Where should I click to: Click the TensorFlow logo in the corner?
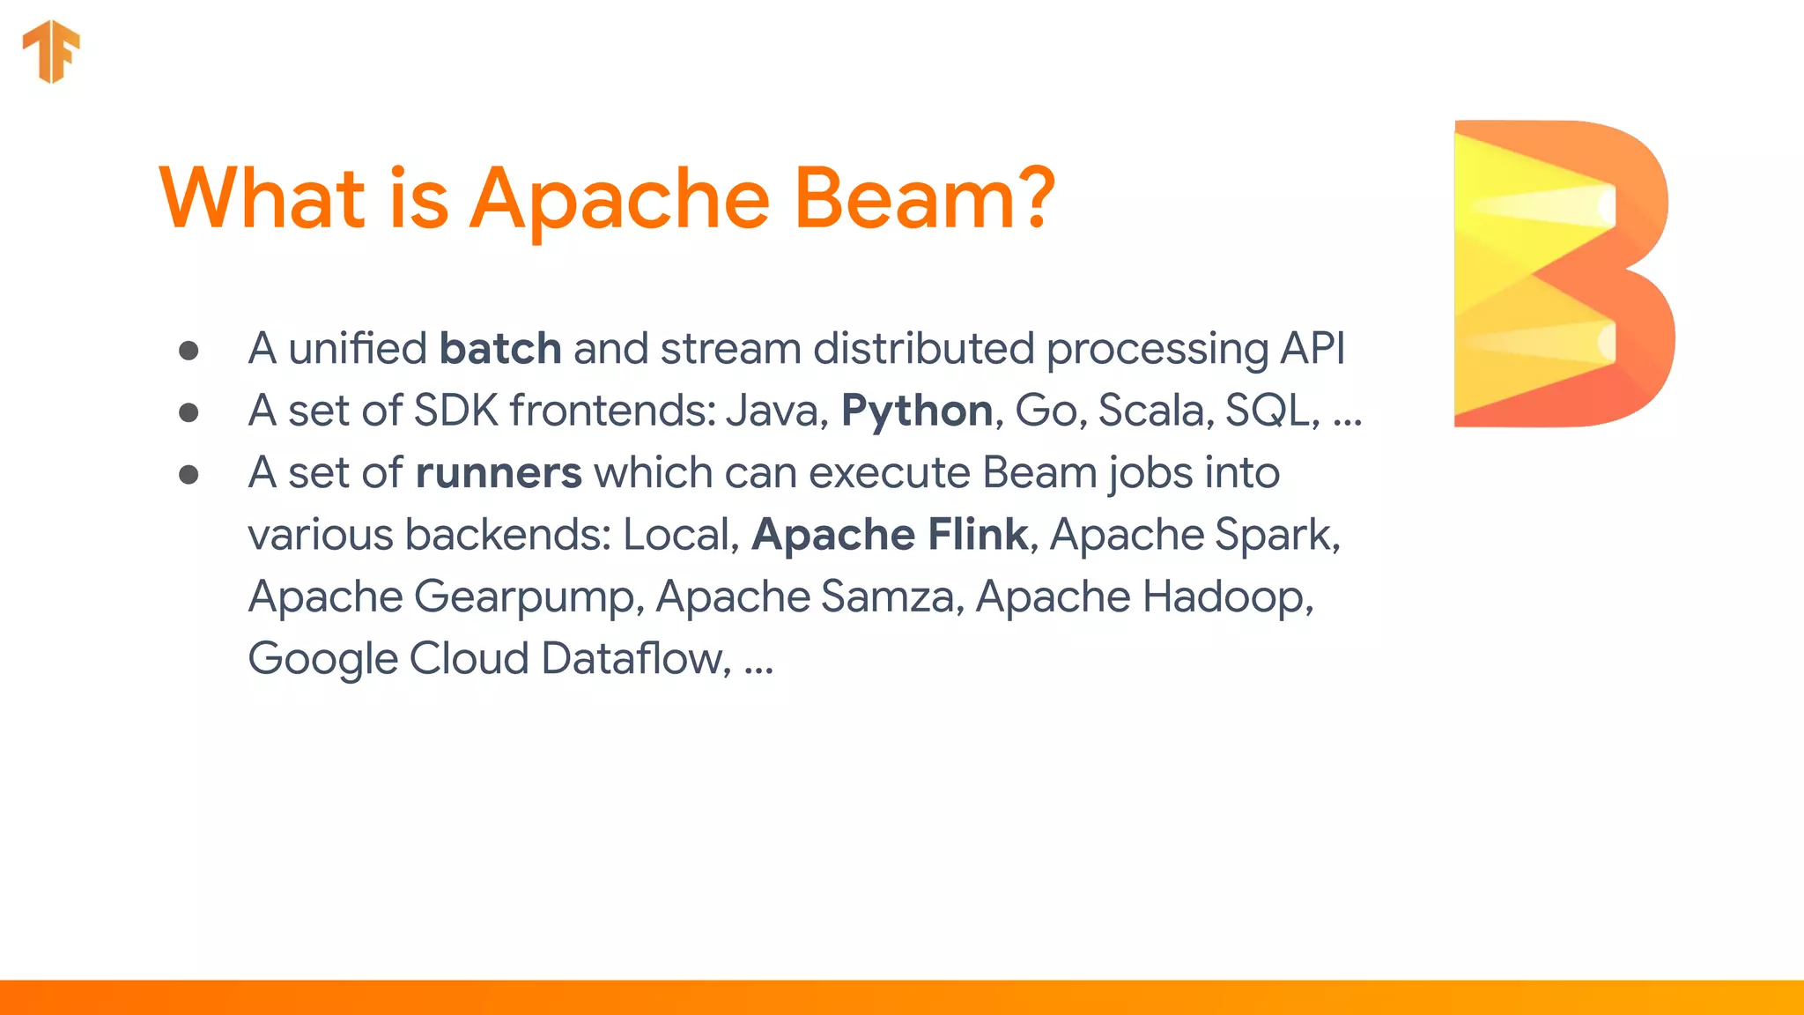51,51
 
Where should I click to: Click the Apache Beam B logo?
1563,273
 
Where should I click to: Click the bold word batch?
500,349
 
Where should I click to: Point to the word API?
1312,349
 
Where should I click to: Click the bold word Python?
917,411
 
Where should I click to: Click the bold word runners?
499,474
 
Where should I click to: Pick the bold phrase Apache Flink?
890,535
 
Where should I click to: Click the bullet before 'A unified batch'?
189,351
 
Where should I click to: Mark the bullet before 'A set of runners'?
189,476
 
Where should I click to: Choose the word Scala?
1150,411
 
